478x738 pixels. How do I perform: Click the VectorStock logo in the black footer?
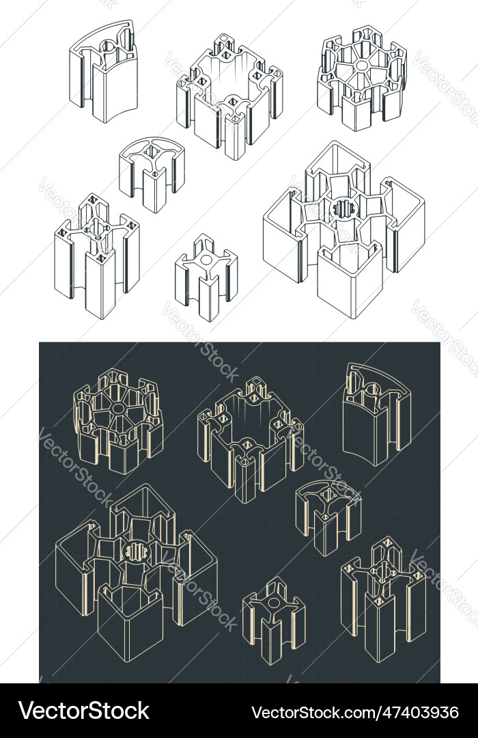point(84,710)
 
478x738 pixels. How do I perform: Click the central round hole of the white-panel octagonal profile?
point(363,64)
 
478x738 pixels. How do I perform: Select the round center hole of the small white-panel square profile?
point(206,259)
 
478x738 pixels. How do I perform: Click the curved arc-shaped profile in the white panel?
point(104,70)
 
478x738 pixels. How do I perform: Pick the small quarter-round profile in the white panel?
point(152,174)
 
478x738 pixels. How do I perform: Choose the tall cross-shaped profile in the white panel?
point(96,256)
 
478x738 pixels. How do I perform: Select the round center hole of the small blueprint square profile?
point(274,603)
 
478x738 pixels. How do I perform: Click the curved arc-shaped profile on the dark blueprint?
point(377,414)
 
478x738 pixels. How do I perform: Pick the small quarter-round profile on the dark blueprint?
point(328,518)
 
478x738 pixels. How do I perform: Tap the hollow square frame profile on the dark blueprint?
point(251,440)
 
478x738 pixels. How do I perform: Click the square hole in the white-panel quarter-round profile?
point(153,152)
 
